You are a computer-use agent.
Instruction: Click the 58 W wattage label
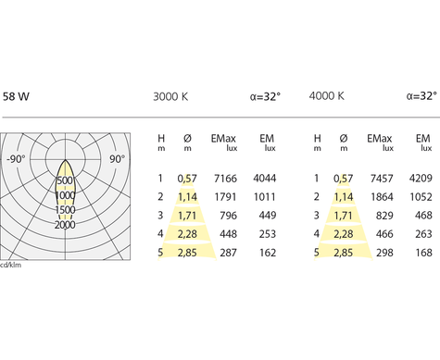pyautogui.click(x=16, y=96)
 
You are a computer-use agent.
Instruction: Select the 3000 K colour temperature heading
pyautogui.click(x=170, y=96)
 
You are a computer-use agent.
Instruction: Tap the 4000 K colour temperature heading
pyautogui.click(x=327, y=96)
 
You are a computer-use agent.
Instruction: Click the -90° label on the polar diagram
pyautogui.click(x=16, y=159)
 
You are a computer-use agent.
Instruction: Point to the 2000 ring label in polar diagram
pyautogui.click(x=65, y=225)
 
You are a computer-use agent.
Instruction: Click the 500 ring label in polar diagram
pyautogui.click(x=65, y=180)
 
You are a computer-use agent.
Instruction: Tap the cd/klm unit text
pyautogui.click(x=11, y=265)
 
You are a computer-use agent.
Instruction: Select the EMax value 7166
pyautogui.click(x=225, y=179)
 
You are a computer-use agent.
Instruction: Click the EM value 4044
pyautogui.click(x=265, y=179)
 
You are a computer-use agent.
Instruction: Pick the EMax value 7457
pyautogui.click(x=382, y=179)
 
